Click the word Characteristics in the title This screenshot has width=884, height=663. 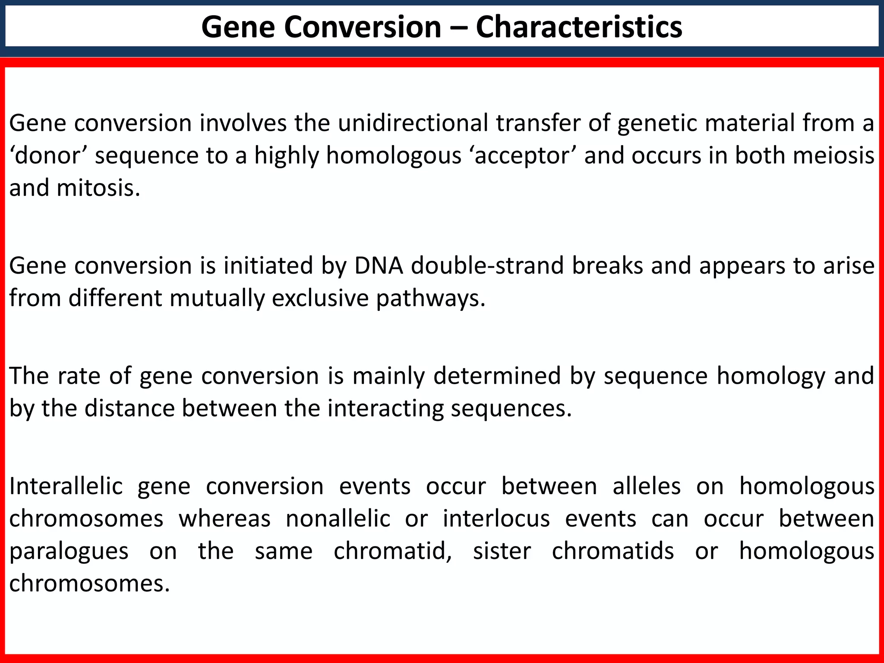pyautogui.click(x=579, y=27)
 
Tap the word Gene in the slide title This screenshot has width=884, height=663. pyautogui.click(x=236, y=27)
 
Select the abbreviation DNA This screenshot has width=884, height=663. pyautogui.click(x=379, y=265)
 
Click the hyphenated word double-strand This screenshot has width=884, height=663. pyautogui.click(x=487, y=265)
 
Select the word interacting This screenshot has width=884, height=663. pyautogui.click(x=385, y=409)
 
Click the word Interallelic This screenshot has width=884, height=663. pyautogui.click(x=66, y=486)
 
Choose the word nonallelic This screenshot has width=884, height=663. pyautogui.click(x=338, y=518)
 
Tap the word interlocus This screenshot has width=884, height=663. pyautogui.click(x=496, y=518)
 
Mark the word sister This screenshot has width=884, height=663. pyautogui.click(x=502, y=551)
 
